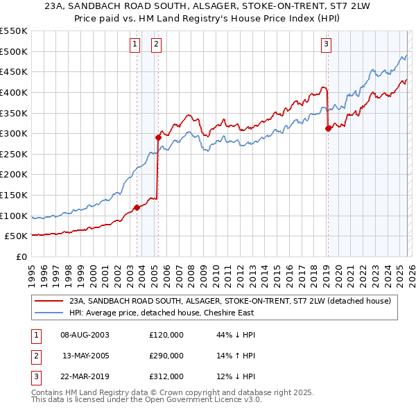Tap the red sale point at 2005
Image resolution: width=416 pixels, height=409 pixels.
[158, 137]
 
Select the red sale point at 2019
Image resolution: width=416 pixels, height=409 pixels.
[328, 128]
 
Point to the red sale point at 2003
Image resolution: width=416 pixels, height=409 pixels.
[137, 207]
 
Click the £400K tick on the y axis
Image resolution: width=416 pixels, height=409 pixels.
[14, 92]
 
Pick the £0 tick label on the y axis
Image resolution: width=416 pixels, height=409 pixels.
[21, 256]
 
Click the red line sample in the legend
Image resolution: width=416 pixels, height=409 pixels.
[49, 302]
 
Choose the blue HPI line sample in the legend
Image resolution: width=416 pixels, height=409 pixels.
[49, 313]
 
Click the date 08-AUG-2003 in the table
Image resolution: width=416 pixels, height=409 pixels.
[85, 335]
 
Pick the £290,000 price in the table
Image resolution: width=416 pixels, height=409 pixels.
[166, 356]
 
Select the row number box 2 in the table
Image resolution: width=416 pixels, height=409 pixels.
[34, 356]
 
